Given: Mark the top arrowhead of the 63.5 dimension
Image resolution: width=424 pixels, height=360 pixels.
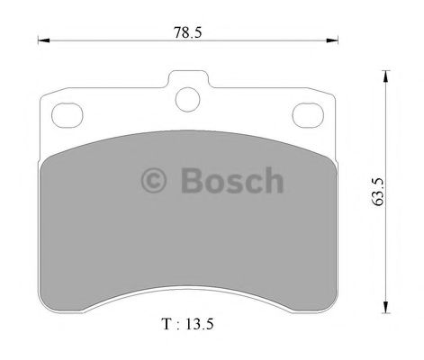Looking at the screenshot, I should click(x=389, y=76).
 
